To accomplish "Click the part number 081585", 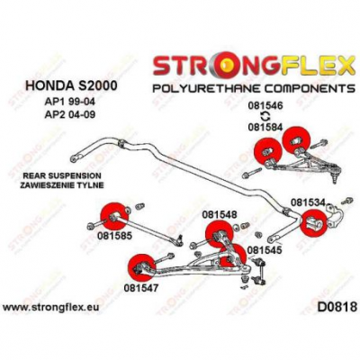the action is pos(114,236).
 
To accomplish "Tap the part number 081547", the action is pos(140,288).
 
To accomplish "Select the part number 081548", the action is pos(220,214).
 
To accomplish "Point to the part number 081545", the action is pos(265,249).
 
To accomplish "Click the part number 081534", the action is pos(308,202).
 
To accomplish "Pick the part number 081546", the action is pos(265,105).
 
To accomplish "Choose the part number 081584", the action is pos(265,127).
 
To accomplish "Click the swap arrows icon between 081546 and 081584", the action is pos(265,116).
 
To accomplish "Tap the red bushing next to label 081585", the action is pos(115,216).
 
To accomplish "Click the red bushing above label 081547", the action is pos(140,268).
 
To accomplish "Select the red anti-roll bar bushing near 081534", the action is pos(313,223).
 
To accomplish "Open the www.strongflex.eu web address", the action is pos(50,308).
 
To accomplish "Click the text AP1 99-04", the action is pos(69,102).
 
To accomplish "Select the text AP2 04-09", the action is pos(69,115).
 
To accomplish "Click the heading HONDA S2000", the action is pos(72,85).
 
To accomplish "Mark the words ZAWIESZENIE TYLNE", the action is pos(61,185).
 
